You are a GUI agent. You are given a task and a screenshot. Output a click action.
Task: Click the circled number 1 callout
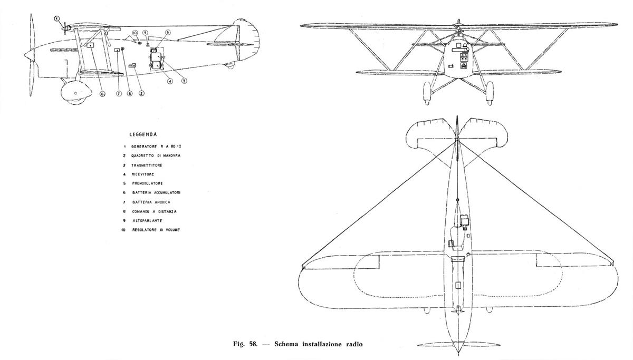pyautogui.click(x=57, y=18)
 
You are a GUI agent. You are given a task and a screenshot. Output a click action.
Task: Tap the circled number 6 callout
pyautogui.click(x=102, y=93)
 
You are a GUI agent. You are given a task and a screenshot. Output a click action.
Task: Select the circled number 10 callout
pyautogui.click(x=135, y=33)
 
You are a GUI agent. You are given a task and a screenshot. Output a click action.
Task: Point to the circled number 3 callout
pyautogui.click(x=184, y=81)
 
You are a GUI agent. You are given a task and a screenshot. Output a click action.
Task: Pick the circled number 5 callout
pyautogui.click(x=168, y=32)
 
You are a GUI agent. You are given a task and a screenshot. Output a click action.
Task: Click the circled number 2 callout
pyautogui.click(x=141, y=93)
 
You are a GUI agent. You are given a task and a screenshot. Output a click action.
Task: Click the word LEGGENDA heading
pyautogui.click(x=143, y=134)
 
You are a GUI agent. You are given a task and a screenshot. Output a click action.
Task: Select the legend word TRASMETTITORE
pyautogui.click(x=147, y=165)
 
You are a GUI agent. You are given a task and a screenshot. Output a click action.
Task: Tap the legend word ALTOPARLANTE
pyautogui.click(x=147, y=220)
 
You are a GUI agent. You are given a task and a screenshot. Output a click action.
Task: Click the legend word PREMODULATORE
pyautogui.click(x=148, y=183)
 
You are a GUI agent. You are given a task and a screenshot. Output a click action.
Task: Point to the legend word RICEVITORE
pyautogui.click(x=143, y=174)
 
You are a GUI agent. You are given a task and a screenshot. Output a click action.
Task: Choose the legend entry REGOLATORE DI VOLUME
pyautogui.click(x=156, y=230)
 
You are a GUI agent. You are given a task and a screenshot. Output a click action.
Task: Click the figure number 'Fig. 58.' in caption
pyautogui.click(x=245, y=344)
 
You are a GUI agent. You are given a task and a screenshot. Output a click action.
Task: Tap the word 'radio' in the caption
pyautogui.click(x=354, y=344)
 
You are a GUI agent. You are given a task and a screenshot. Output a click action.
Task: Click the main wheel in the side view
pyautogui.click(x=76, y=92)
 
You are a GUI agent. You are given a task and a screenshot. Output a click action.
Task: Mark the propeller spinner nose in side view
pyautogui.click(x=29, y=55)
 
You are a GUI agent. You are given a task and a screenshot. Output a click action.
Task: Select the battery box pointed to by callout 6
pyautogui.click(x=91, y=45)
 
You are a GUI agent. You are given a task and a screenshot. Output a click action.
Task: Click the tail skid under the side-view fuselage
pyautogui.click(x=229, y=65)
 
